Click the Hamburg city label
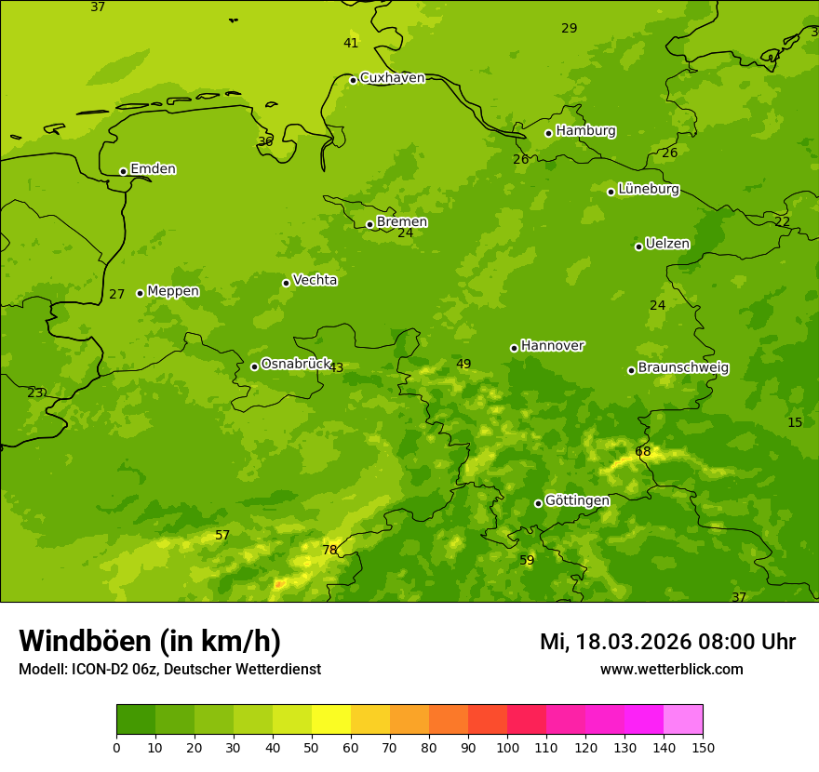[585, 131]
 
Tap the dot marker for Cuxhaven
[353, 80]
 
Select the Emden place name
[153, 169]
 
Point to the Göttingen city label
[577, 500]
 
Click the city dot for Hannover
[514, 348]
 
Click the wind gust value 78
[329, 550]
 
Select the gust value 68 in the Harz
[643, 451]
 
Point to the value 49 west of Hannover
[463, 364]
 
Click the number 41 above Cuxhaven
[351, 43]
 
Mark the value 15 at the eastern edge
[795, 422]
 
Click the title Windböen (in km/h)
[150, 641]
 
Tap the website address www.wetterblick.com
[671, 669]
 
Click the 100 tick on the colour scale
[507, 747]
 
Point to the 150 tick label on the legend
[703, 747]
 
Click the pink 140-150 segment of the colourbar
[683, 720]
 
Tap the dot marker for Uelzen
[638, 246]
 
